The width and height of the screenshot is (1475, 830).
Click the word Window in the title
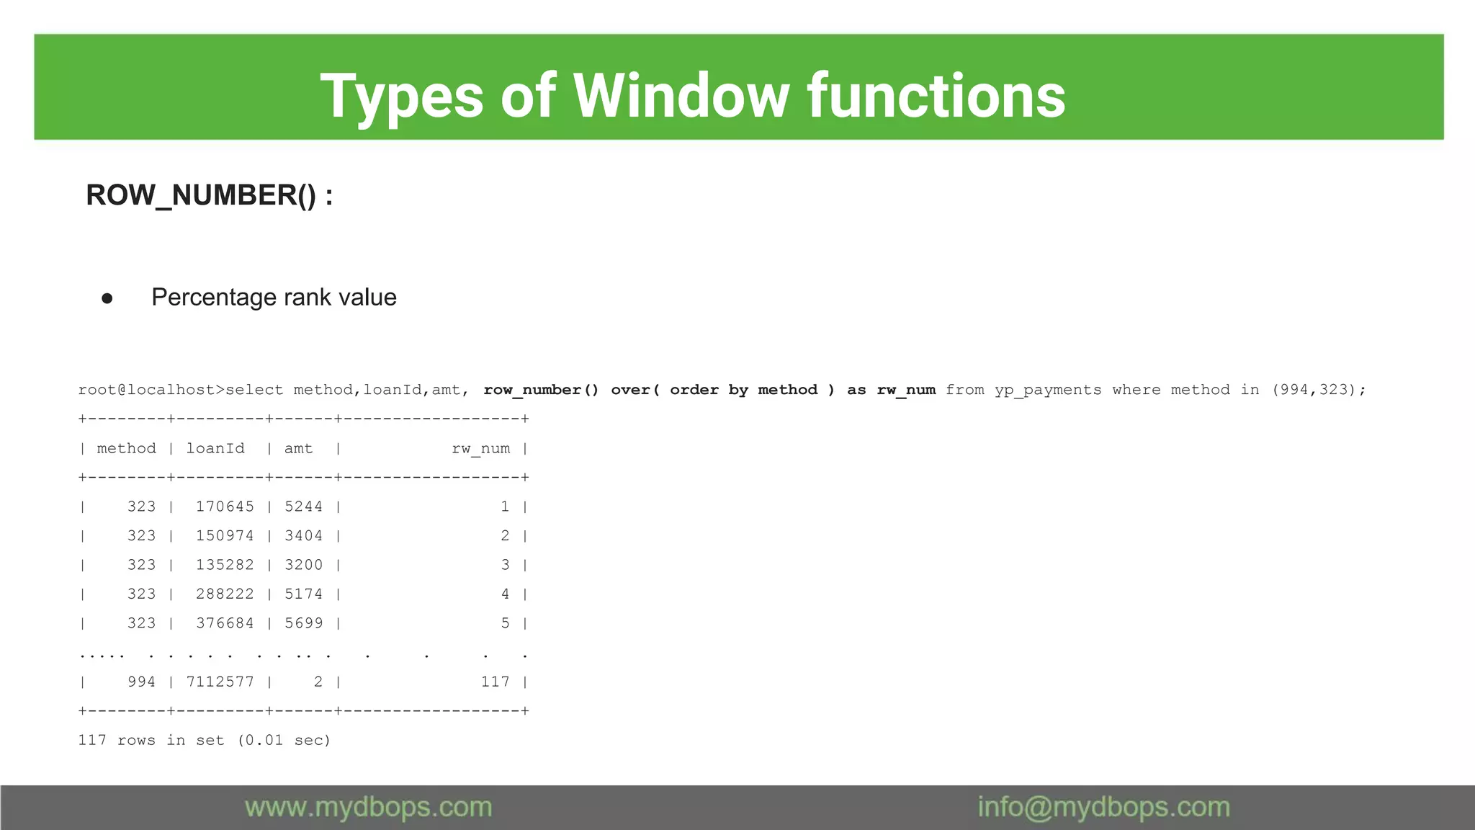681,96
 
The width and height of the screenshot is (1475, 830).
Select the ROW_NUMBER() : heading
209,196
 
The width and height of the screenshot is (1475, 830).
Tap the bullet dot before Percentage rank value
107,298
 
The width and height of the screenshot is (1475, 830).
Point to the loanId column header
215,448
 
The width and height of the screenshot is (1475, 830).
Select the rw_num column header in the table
480,448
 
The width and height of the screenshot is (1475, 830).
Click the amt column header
298,448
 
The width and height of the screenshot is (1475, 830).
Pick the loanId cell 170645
225,507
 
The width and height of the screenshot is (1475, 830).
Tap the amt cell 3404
303,536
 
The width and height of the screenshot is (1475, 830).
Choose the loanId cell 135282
225,565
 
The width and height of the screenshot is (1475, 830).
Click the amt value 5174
303,594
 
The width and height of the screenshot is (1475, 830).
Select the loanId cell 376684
225,623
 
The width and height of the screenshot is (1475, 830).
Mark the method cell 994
141,682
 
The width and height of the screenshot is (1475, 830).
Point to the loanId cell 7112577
220,682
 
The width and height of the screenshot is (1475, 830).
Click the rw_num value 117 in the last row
495,682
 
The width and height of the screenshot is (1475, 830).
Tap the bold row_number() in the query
540,390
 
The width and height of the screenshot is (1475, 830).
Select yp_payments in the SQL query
1048,390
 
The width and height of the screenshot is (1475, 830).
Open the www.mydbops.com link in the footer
368,807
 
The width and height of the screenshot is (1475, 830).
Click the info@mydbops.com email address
1103,807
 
